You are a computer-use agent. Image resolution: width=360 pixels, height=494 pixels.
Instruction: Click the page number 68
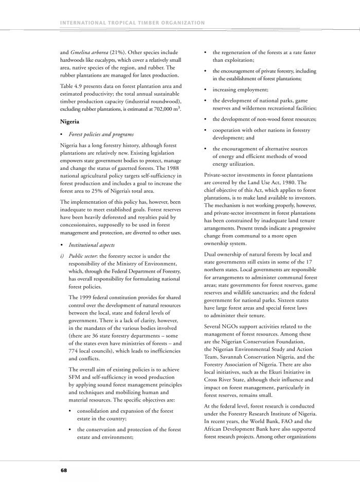(63, 470)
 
